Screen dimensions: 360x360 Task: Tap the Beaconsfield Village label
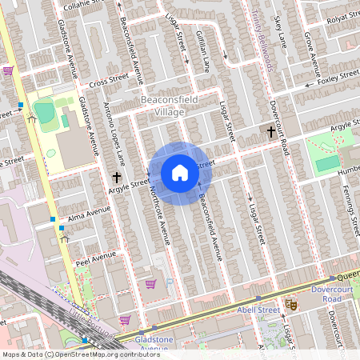click(x=162, y=106)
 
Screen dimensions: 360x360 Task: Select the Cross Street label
click(x=110, y=81)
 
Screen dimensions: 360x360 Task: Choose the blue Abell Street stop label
click(x=258, y=308)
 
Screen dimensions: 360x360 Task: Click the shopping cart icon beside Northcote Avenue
click(x=150, y=284)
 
